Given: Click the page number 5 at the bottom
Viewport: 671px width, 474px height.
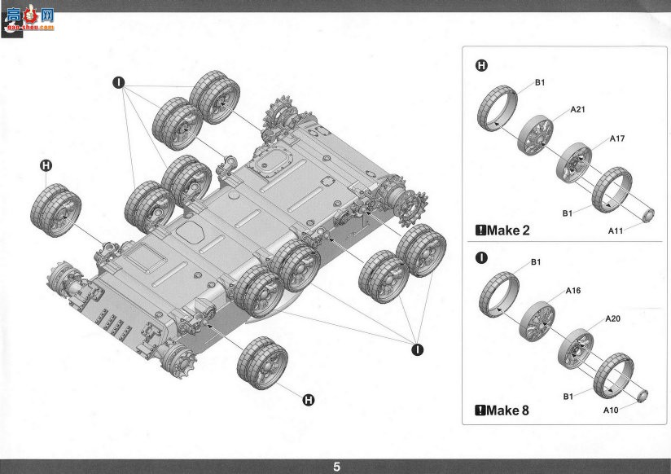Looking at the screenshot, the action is tap(337, 467).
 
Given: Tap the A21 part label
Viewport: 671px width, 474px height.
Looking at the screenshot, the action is tap(577, 110).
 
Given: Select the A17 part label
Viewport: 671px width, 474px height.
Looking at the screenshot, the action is tap(617, 138).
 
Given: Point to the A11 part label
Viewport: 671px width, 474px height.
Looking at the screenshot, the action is tap(616, 231).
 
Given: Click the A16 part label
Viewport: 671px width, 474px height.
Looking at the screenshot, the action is tap(573, 291).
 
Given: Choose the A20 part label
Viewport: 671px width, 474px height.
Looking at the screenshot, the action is tap(612, 319).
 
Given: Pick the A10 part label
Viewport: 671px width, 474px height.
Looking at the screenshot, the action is tap(611, 410).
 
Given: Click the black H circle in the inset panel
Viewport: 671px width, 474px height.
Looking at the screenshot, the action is tap(481, 65).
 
